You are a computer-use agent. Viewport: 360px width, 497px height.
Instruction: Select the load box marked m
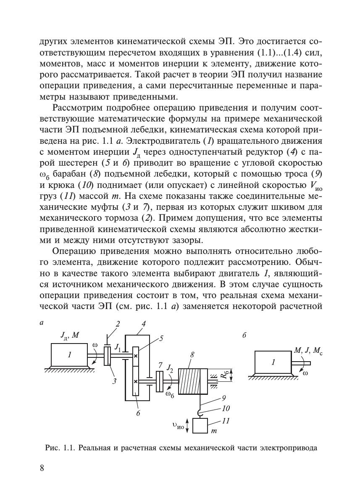click(200, 426)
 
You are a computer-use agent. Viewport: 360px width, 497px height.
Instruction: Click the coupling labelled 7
click(159, 381)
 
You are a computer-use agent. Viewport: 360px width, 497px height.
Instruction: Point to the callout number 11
click(226, 420)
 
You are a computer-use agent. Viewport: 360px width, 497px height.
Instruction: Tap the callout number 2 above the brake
click(118, 324)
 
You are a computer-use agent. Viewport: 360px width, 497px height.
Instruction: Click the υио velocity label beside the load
click(178, 426)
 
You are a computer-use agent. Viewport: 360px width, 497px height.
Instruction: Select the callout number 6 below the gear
click(138, 413)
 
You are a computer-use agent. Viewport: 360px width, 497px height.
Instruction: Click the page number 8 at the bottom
click(42, 469)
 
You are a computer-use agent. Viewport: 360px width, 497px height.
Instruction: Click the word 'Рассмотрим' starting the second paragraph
click(78, 105)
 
